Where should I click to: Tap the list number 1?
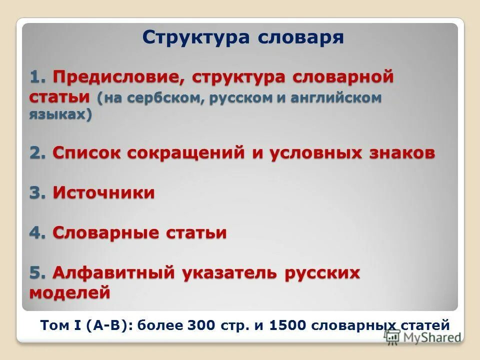[38, 77]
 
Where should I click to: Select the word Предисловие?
[118, 77]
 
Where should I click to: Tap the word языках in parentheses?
[60, 114]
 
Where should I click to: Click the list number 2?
[38, 152]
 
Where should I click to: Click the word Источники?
[104, 192]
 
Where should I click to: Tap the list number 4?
[38, 232]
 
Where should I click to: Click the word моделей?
[69, 291]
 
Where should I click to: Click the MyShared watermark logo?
[422, 336]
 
